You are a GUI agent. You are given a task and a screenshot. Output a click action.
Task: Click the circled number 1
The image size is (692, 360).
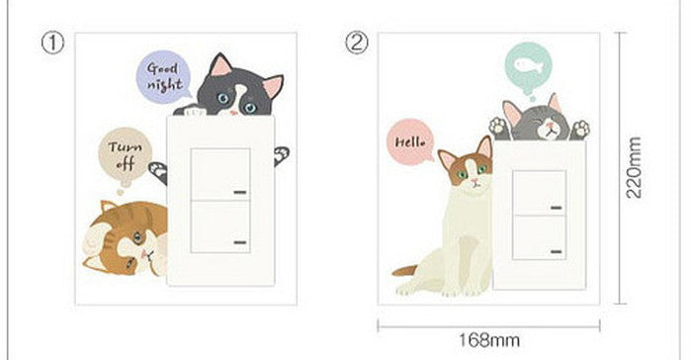pyautogui.click(x=52, y=44)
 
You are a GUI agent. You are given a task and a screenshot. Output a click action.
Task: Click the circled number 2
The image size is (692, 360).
pyautogui.click(x=356, y=44)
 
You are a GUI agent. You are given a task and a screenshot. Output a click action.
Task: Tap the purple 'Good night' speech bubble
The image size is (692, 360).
pyautogui.click(x=164, y=77)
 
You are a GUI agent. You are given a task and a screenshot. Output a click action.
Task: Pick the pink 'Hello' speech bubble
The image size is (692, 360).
pyautogui.click(x=410, y=141)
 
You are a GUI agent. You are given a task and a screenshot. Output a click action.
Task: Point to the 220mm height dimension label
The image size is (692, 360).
pyautogui.click(x=634, y=168)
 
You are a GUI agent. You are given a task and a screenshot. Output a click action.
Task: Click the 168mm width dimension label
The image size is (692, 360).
pyautogui.click(x=488, y=340)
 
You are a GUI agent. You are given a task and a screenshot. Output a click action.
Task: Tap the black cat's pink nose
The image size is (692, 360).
pyautogui.click(x=233, y=112)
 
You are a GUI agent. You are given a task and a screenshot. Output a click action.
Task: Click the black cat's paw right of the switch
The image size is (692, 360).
pyautogui.click(x=281, y=156)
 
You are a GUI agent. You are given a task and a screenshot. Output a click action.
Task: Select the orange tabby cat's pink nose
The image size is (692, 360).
pyautogui.click(x=143, y=253)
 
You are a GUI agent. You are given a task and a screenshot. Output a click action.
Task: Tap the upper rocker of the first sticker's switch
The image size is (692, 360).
pyautogui.click(x=220, y=174)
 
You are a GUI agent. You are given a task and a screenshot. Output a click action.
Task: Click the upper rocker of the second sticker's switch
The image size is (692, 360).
pyautogui.click(x=539, y=193)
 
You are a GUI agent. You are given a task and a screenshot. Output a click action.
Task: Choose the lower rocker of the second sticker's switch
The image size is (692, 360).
pyautogui.click(x=539, y=237)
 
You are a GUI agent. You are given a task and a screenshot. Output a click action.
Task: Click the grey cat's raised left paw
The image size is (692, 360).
pyautogui.click(x=498, y=125)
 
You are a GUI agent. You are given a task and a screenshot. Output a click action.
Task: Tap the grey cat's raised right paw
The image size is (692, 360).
pyautogui.click(x=580, y=129)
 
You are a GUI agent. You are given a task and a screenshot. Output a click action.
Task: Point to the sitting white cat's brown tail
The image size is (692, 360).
pyautogui.click(x=404, y=270)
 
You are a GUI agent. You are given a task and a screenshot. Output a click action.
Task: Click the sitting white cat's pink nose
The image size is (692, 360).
pyautogui.click(x=475, y=181)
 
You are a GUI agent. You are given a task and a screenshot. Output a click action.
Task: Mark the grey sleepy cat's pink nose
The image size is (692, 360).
pyautogui.click(x=550, y=125)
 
